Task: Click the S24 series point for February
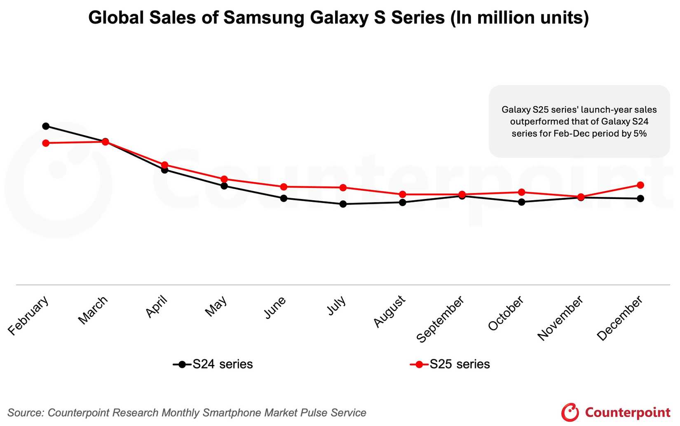(x=46, y=126)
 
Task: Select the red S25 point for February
(x=46, y=143)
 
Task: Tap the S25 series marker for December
(x=640, y=185)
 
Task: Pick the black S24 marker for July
(x=343, y=204)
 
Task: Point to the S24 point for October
(x=521, y=202)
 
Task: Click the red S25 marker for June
(x=284, y=187)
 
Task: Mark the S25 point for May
(x=224, y=179)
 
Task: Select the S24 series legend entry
(x=213, y=364)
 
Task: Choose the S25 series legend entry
(x=450, y=364)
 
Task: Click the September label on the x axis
(x=440, y=319)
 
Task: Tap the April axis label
(x=157, y=307)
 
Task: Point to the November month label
(x=560, y=318)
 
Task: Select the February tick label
(x=28, y=316)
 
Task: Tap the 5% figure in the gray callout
(x=640, y=133)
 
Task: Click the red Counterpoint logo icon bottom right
(x=570, y=412)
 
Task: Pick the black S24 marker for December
(x=640, y=198)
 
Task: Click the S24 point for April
(x=164, y=169)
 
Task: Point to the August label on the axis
(x=389, y=311)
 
